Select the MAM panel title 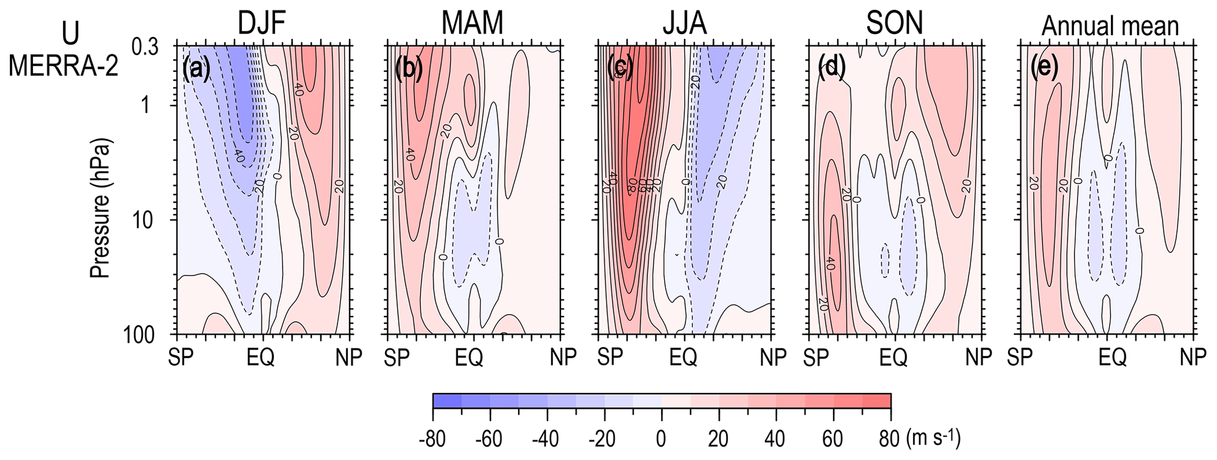473,24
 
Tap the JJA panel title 684,24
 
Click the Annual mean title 1110,26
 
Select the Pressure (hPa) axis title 101,209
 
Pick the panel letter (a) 196,69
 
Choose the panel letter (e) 1044,69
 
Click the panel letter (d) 831,69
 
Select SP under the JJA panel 611,357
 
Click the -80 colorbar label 432,439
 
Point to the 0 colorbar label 661,439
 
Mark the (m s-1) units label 933,438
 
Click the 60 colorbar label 833,439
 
